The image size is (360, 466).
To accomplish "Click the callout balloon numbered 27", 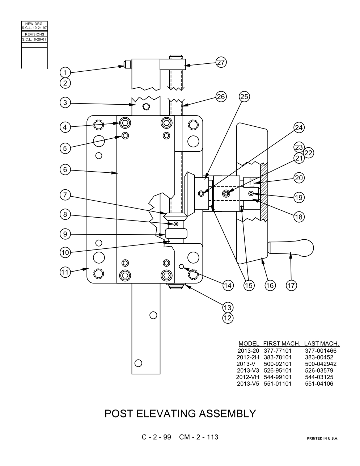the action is point(221,62).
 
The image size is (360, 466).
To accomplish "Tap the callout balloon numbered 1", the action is point(65,72).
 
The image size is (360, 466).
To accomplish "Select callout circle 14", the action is point(228,285).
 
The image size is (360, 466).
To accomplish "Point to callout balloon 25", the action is point(244,97).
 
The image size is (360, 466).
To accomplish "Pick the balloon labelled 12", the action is point(228,318).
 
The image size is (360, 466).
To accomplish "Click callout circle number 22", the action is point(309,153).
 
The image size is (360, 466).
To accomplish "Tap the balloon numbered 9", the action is point(65,234).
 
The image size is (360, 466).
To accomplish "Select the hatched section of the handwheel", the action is point(264,192).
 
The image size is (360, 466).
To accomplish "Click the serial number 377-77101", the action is point(278,350).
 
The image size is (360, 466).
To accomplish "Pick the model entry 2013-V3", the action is point(248,370).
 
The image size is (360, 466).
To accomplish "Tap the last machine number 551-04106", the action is point(319,384).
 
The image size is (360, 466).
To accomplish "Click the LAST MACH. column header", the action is point(322,344).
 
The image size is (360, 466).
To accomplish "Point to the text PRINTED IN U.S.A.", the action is point(322,438).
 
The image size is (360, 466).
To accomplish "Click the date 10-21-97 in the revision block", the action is point(39,28).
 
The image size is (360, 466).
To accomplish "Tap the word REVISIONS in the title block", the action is point(34,34).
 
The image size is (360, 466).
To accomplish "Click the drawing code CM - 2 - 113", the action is point(199,437).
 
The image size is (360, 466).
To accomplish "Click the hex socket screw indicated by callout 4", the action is point(125,123).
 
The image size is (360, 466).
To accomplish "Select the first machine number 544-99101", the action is point(278,377).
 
